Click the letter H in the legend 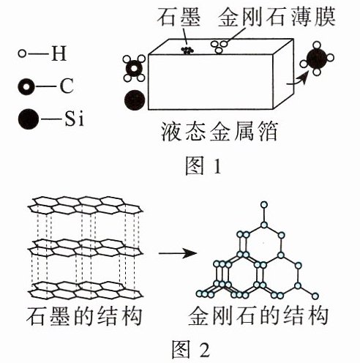click(x=59, y=53)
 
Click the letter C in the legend click(x=67, y=86)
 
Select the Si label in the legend click(x=75, y=119)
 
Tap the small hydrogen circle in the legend click(x=22, y=53)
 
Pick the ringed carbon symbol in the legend click(x=26, y=86)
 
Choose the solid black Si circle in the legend click(x=29, y=119)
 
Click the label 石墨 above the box click(x=179, y=18)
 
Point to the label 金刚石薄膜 click(x=277, y=17)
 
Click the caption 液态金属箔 click(x=220, y=131)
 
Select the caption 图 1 click(x=203, y=166)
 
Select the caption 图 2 click(x=190, y=349)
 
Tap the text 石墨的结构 click(x=84, y=315)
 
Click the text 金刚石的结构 click(x=258, y=315)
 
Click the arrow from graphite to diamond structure click(x=178, y=253)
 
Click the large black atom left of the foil click(x=135, y=100)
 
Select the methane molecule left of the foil click(x=134, y=68)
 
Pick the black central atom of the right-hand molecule click(x=317, y=59)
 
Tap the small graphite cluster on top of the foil click(x=187, y=50)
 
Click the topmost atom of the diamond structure click(x=263, y=205)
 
